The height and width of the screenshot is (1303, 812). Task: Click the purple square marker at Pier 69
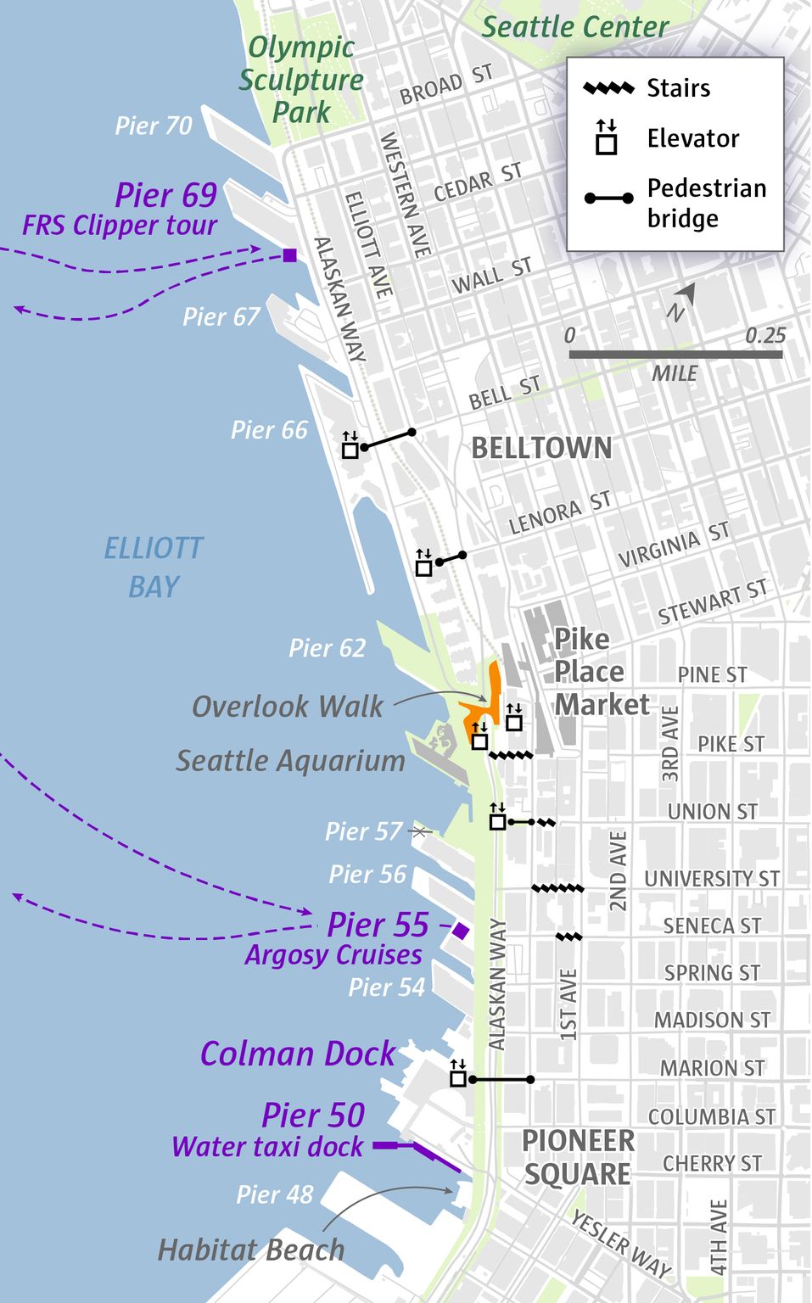coord(289,255)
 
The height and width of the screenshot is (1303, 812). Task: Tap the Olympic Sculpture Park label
coord(301,79)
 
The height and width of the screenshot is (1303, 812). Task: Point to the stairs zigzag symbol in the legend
coord(608,88)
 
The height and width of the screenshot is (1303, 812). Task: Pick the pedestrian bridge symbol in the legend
coord(608,199)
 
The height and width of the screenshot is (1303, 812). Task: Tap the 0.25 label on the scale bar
coord(764,336)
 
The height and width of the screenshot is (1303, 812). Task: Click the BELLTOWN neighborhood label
coord(540,448)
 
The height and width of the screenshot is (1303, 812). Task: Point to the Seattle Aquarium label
coord(290,761)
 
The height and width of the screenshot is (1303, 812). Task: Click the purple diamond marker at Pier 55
coord(460,931)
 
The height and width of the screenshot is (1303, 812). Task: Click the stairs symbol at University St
coord(557,888)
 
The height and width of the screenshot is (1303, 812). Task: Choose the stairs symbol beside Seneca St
coord(568,937)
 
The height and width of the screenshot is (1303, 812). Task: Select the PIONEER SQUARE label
coord(577,1158)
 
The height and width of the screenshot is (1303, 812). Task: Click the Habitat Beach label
coord(251,1250)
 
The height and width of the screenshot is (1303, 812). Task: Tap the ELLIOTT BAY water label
coord(154,567)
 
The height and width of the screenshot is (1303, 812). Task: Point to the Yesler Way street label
coord(621,1244)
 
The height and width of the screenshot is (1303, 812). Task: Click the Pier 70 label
coord(154,126)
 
